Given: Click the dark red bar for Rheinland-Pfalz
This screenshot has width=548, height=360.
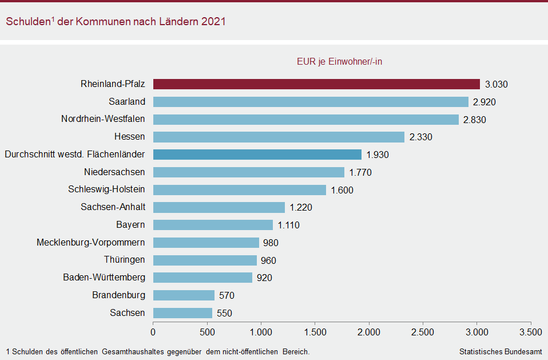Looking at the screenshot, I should (x=316, y=84).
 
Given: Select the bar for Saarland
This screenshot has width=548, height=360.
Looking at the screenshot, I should (x=311, y=102).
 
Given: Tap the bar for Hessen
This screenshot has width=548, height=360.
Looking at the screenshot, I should (x=279, y=137).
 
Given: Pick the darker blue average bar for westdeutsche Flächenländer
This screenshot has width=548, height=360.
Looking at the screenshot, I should (x=257, y=155).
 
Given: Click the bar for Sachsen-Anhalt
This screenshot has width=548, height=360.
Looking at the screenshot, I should (x=219, y=207).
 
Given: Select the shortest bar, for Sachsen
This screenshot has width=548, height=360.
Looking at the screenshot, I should (x=182, y=313).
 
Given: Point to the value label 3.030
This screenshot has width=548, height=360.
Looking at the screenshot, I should (x=497, y=85).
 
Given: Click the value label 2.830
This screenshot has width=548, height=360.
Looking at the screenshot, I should (x=475, y=120).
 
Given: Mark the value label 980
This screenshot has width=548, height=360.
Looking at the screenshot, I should (x=271, y=243).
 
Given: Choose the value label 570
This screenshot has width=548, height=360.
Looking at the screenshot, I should (x=227, y=296).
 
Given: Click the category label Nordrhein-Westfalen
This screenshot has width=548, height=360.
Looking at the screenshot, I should (x=103, y=119).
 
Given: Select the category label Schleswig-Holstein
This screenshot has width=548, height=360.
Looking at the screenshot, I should (x=106, y=189).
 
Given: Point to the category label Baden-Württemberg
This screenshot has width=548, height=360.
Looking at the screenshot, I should (x=104, y=278).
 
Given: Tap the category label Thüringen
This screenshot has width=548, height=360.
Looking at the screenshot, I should (x=124, y=260).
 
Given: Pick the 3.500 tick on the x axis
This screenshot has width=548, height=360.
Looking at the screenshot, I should (x=531, y=333).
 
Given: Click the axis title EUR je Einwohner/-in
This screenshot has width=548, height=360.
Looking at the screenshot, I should (x=339, y=62).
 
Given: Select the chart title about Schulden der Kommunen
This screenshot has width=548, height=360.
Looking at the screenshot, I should (x=116, y=21).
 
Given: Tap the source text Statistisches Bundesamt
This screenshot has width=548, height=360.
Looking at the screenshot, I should (x=500, y=351).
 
